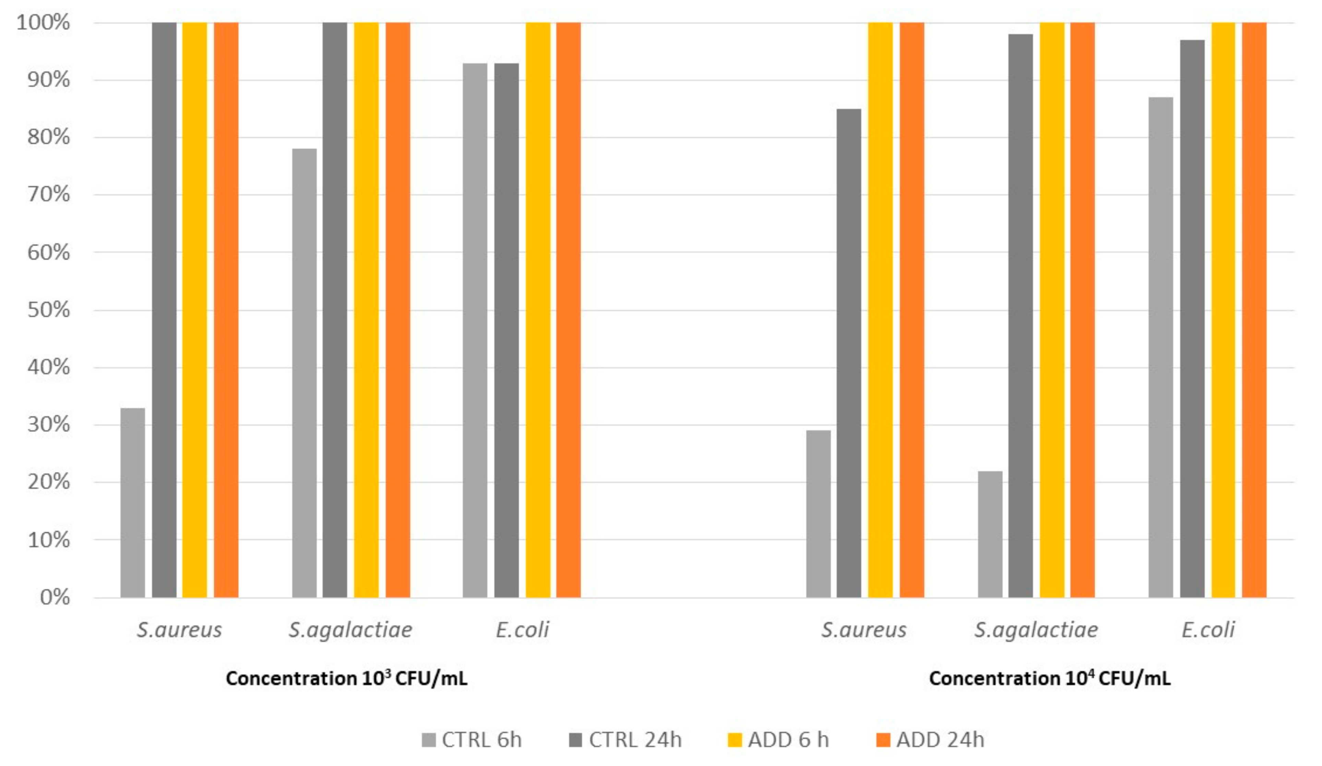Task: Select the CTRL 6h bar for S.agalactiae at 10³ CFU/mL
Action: (304, 373)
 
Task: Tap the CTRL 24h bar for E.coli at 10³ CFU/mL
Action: (506, 331)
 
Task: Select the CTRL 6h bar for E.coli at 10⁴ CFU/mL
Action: (1160, 346)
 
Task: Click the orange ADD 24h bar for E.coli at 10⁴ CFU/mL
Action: (1254, 309)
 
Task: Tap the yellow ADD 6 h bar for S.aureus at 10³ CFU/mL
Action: (195, 309)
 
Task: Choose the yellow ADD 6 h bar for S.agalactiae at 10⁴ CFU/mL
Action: (1052, 309)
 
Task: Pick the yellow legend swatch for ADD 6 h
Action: (735, 740)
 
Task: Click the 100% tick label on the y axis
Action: (43, 23)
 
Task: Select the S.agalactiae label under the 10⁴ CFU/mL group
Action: (1036, 629)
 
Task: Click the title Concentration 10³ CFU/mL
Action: (346, 679)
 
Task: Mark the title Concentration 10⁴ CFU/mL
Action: (1049, 679)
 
